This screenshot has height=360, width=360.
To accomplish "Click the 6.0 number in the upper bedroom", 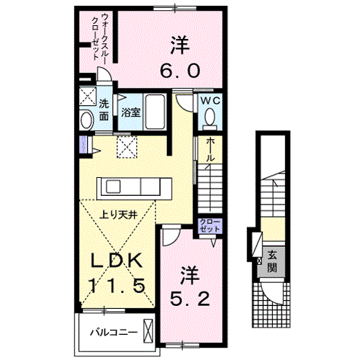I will [x=180, y=71].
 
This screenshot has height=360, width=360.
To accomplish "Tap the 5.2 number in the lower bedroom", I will [x=190, y=297].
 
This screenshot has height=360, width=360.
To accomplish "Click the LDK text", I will [x=119, y=261].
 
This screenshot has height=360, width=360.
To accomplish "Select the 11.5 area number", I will [x=119, y=286].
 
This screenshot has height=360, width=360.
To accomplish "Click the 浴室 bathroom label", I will [x=130, y=113].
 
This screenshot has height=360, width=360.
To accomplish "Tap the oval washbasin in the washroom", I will [x=86, y=120].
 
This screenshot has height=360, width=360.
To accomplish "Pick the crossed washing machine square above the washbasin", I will [x=89, y=96].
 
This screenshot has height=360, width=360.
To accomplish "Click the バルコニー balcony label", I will [x=109, y=333].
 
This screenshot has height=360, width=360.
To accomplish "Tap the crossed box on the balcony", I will [x=148, y=332].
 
